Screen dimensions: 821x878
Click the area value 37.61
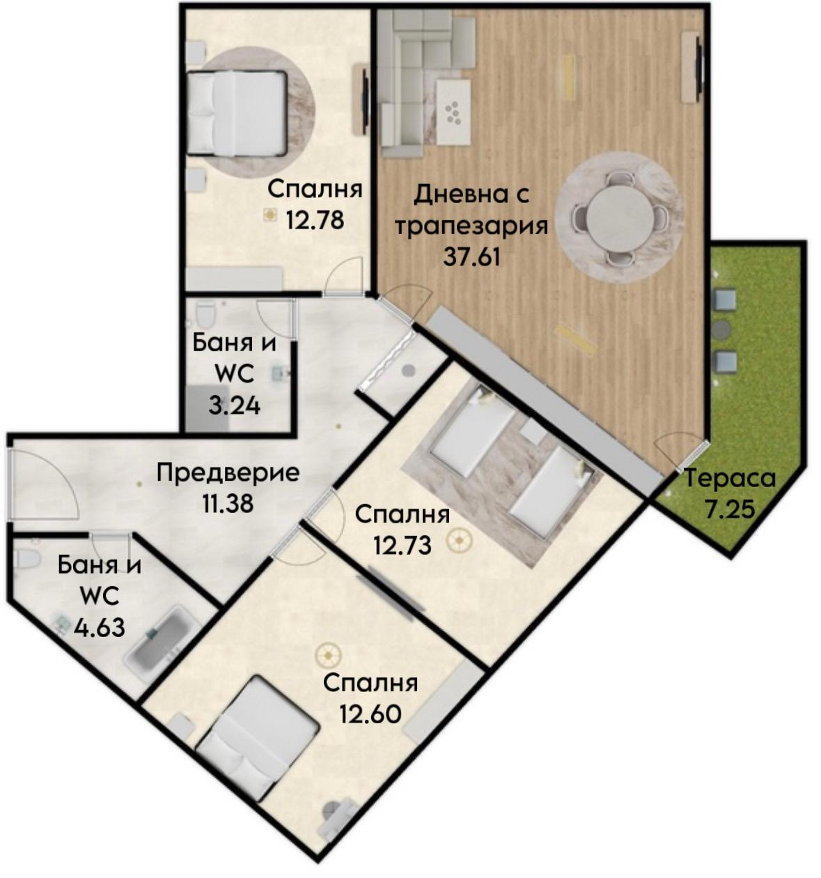[x=471, y=257]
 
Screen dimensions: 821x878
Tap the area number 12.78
[x=315, y=219]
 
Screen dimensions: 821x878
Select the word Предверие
[x=228, y=473]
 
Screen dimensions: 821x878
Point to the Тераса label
[x=730, y=479]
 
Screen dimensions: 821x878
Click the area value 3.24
[x=234, y=406]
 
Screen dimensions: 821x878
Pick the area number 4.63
[x=100, y=627]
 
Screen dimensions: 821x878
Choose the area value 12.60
[x=370, y=714]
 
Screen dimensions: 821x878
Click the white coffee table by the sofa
[x=453, y=112]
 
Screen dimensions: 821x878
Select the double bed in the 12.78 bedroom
[x=237, y=114]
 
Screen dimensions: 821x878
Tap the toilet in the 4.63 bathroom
[x=26, y=560]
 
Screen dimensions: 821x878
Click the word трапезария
[x=471, y=227]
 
